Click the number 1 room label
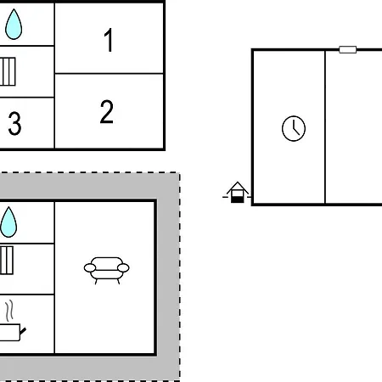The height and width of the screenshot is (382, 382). point(109,40)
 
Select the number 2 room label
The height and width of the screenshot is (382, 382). point(107,112)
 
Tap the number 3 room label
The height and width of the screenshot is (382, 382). point(14,123)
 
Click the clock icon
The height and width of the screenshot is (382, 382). point(294,128)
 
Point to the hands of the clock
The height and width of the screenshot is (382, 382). point(295,129)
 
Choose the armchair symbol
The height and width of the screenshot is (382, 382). point(106,271)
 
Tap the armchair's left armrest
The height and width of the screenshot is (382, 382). point(90,267)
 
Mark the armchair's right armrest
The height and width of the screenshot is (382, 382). point(123,267)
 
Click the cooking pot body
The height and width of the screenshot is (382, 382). point(9,333)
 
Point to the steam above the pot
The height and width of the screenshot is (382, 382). point(9,311)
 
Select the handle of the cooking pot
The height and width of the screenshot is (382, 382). point(23,331)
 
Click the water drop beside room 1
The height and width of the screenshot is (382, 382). point(14,24)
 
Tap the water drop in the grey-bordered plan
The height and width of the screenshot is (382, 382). point(8,222)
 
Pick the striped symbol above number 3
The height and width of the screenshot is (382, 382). point(8,71)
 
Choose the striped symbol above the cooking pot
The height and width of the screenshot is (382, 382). point(7,261)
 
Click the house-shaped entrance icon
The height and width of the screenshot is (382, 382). point(237,193)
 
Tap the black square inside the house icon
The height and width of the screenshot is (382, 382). point(237,199)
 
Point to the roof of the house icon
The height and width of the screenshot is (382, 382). point(238,188)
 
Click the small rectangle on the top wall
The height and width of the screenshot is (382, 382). point(347,49)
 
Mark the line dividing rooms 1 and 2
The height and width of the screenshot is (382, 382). point(109,74)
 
